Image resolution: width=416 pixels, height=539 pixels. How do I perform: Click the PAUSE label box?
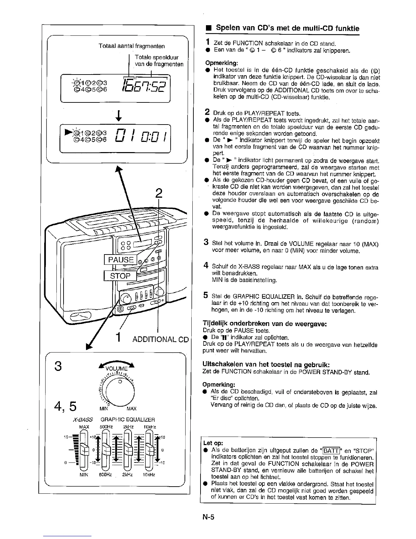coord(121,260)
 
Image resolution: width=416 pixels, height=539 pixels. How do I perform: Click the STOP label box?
coord(120,276)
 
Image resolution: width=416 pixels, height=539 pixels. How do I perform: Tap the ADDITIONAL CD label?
coord(160,340)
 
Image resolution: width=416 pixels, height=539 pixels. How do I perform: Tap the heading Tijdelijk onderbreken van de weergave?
coord(264,323)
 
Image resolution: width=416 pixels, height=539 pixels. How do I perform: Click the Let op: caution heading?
coord(213,443)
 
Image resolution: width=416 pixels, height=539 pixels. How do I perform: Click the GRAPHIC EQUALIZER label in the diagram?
coord(128,420)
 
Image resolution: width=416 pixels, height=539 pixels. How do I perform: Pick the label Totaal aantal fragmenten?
coord(132,46)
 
